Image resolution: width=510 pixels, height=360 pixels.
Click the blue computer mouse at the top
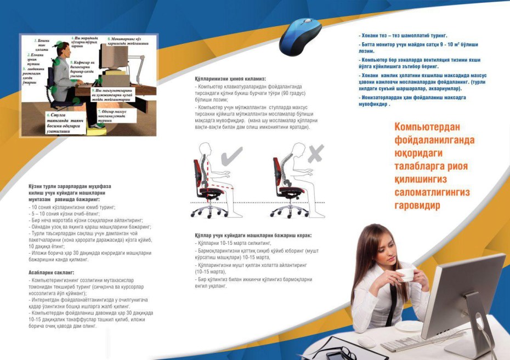click(x=301, y=36)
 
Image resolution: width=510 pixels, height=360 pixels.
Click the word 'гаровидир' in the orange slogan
click(x=418, y=205)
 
